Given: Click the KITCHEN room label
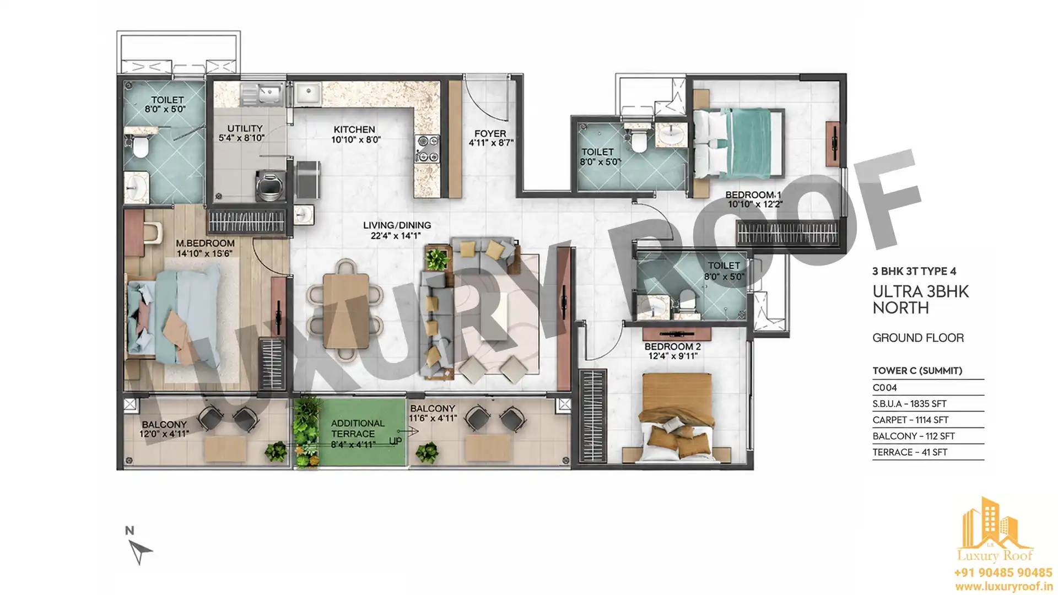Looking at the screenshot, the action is [x=354, y=130].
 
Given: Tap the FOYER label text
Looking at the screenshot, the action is [x=490, y=133].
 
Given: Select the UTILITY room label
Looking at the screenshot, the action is [x=245, y=128].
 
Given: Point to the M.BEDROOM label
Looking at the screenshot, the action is [x=205, y=243].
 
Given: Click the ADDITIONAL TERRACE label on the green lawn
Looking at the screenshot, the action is [x=358, y=428].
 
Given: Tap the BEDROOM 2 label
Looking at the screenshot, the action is [x=672, y=347].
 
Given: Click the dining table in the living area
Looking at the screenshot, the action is [x=346, y=311].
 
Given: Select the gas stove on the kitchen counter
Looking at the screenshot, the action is [x=427, y=149].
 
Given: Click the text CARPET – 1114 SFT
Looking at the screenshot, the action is [x=910, y=420].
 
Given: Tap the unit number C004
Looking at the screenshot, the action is [x=884, y=387].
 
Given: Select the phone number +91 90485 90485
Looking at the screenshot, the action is [x=1003, y=573].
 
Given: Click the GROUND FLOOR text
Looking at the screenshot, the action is [x=918, y=338].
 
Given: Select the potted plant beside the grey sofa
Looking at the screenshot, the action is [x=437, y=258].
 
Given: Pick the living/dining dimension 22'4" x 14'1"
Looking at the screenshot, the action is [x=396, y=236].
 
